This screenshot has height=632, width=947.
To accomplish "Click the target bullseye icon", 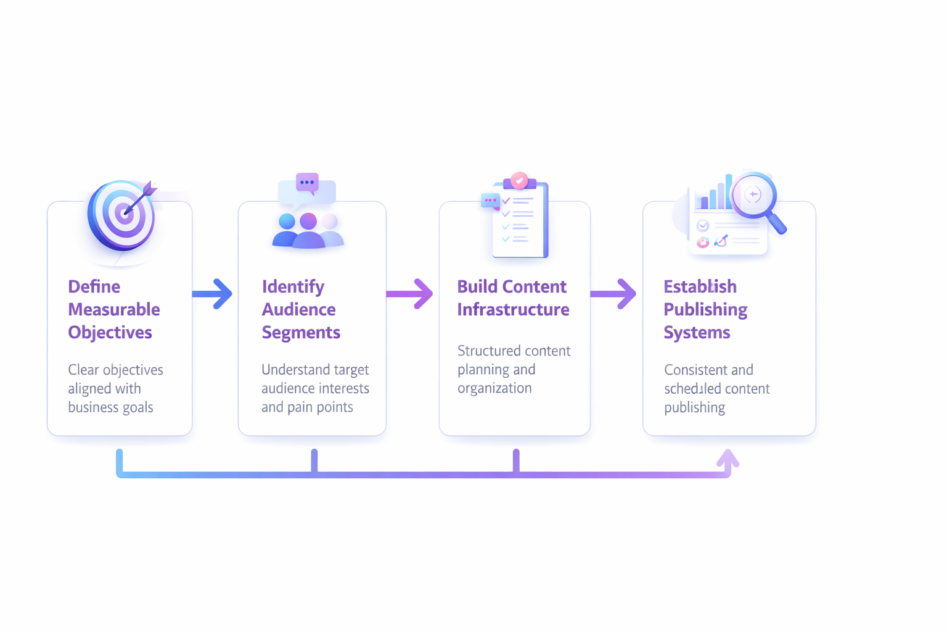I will (121, 215).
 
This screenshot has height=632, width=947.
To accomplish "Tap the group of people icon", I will (308, 231).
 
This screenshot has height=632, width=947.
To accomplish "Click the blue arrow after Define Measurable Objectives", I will (213, 294).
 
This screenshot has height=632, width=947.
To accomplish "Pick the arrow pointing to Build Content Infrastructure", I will (410, 294).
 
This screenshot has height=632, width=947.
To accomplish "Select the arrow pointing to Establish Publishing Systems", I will (613, 294).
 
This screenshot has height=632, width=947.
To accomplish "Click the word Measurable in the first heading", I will (113, 309).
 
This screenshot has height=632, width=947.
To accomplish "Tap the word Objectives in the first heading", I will (110, 332).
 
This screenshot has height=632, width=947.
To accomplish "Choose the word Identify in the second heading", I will (293, 286).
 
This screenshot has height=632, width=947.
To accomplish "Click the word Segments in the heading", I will (301, 332).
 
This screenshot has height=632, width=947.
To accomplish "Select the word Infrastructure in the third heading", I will (513, 309).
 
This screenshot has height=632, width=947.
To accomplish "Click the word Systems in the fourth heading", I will (697, 332).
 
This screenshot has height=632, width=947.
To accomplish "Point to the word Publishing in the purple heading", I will (705, 309).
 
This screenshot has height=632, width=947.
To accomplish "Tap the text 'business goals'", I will (110, 407).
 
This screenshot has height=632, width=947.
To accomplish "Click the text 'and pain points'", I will (307, 407).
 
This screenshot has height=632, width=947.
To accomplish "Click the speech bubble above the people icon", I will (307, 183).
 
